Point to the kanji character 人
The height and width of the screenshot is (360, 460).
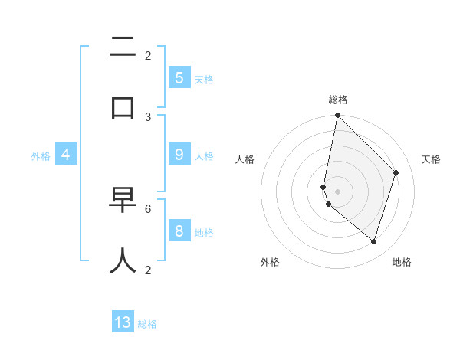(x=123, y=260)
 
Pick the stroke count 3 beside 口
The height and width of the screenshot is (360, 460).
(x=148, y=116)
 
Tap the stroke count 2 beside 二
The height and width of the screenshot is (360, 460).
(x=148, y=55)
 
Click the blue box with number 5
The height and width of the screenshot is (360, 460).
(x=179, y=77)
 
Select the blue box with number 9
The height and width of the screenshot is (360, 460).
(x=179, y=154)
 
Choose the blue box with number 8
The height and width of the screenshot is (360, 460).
(x=179, y=231)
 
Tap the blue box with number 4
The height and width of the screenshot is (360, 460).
(x=66, y=155)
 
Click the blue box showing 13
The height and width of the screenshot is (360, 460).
(x=123, y=322)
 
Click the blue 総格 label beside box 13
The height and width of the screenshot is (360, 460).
(x=147, y=324)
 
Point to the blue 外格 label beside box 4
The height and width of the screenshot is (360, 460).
(x=41, y=156)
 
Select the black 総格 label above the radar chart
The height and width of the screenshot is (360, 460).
(x=337, y=100)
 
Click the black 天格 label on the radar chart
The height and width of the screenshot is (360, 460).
(x=431, y=159)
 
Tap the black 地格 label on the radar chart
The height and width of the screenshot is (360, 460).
(x=402, y=262)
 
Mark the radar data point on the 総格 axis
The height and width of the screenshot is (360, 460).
(x=337, y=115)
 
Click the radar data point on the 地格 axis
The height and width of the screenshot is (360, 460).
(x=373, y=241)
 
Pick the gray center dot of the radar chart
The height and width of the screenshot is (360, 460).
(x=337, y=191)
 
